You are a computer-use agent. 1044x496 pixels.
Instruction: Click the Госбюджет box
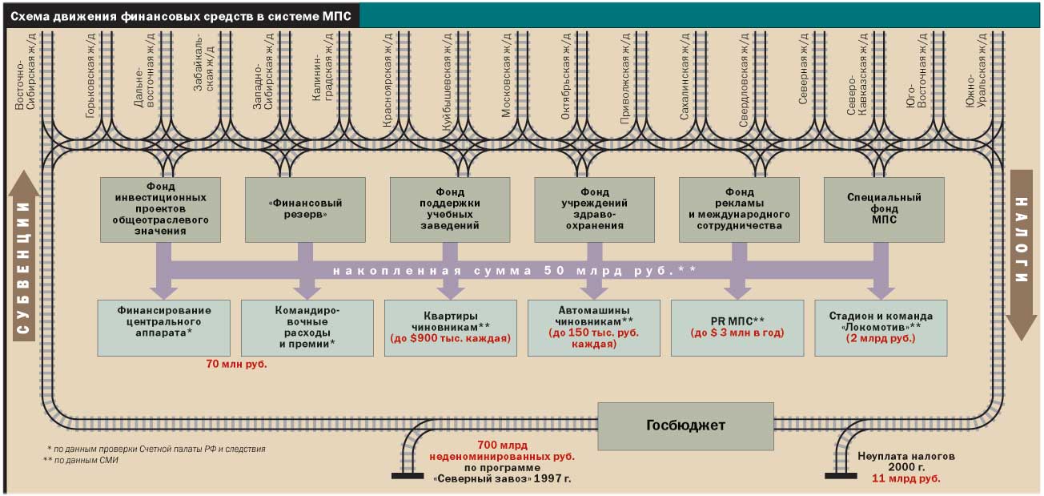tap(685, 425)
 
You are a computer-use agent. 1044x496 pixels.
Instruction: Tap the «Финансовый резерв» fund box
tap(305, 209)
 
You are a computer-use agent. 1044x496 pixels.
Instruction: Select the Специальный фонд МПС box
tap(884, 209)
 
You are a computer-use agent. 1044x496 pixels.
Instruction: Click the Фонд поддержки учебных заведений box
tap(450, 209)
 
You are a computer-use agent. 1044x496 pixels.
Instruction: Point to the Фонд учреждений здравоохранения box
tap(595, 209)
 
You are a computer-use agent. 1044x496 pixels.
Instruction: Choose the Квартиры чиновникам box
tap(450, 328)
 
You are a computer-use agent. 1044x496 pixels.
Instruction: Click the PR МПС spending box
tap(737, 328)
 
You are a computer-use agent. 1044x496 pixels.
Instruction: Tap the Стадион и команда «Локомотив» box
tap(880, 328)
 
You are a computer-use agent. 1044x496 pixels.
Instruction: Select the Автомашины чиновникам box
tap(593, 328)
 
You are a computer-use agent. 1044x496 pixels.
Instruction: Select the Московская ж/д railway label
tap(506, 76)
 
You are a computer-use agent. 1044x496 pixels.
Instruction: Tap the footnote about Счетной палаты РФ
tap(156, 450)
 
